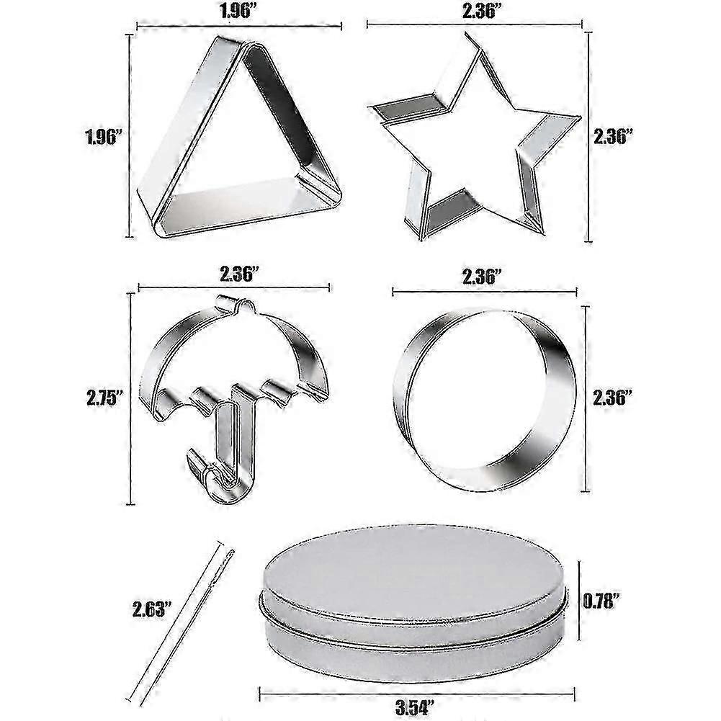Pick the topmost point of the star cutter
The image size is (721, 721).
click(467, 34)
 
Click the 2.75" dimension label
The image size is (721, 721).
click(106, 398)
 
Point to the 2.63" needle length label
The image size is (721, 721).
click(152, 609)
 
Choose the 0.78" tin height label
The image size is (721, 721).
click(601, 601)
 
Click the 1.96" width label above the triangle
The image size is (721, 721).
click(239, 10)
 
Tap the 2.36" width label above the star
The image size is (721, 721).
click(482, 10)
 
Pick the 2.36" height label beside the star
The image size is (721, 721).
click(614, 137)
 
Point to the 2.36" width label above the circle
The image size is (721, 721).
click(482, 277)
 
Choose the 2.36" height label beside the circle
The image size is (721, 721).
click(612, 398)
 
